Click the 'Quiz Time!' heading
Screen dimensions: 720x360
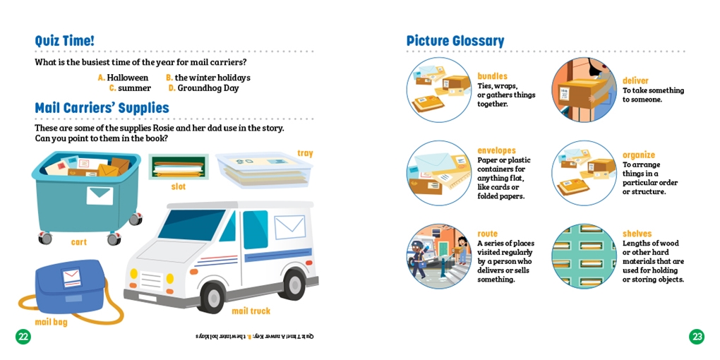pos(65,41)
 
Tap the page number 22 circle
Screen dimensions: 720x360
pos(23,337)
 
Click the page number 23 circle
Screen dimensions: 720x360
pos(697,337)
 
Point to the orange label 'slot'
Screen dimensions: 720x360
pos(178,187)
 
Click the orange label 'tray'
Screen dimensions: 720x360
pos(305,153)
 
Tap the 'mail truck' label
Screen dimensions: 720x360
pos(251,311)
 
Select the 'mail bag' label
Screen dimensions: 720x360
pos(51,323)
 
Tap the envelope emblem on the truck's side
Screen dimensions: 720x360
pos(289,227)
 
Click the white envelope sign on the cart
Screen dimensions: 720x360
pos(100,196)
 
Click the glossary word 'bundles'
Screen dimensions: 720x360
pos(492,76)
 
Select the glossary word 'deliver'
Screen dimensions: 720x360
pos(635,80)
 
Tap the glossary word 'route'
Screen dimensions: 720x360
pos(487,234)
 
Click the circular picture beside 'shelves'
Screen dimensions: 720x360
pos(584,256)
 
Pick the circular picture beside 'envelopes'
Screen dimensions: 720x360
pos(439,173)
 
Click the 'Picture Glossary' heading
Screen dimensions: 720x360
pos(455,42)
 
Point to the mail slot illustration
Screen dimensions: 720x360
pos(179,167)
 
